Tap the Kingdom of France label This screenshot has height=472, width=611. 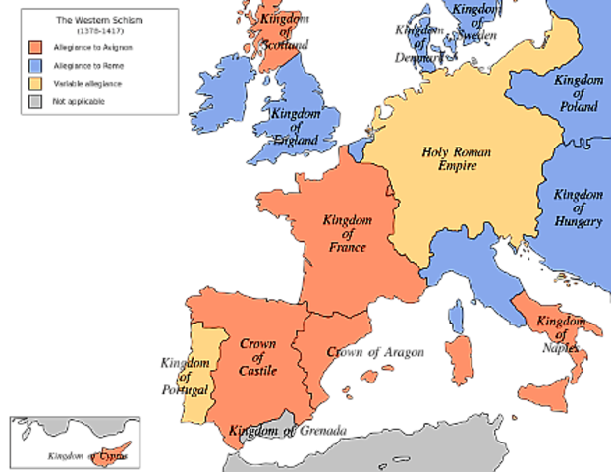point(344,232)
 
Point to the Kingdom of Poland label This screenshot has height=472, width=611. point(578,92)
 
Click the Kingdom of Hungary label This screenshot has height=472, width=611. point(578,207)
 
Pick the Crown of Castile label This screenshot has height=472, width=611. point(257,357)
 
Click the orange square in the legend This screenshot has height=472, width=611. point(36,47)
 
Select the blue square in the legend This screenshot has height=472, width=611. point(36,65)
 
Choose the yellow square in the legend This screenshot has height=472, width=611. point(36,83)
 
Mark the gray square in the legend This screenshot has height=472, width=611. point(36,100)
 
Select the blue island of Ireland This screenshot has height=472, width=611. point(224,93)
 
